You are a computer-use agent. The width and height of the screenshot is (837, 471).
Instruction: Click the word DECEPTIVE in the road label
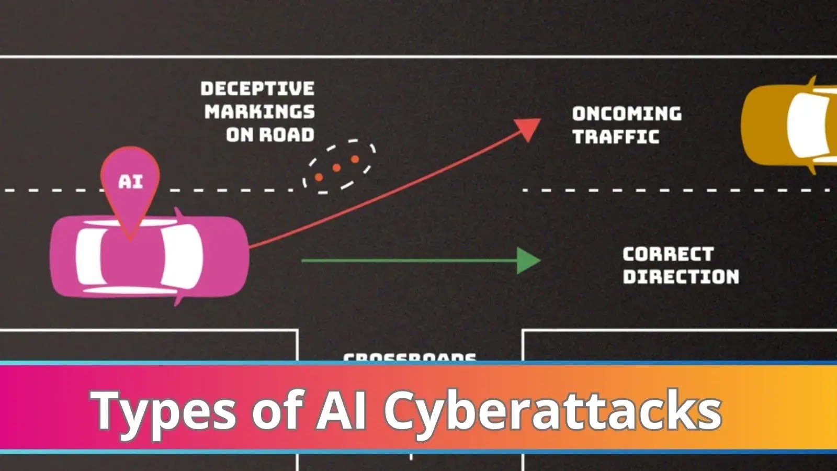click(x=257, y=88)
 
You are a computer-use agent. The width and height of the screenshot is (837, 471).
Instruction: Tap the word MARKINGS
click(x=259, y=111)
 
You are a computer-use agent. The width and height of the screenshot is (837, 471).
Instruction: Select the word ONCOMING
click(x=626, y=114)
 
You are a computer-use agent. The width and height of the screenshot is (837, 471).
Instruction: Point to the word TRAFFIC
click(x=615, y=137)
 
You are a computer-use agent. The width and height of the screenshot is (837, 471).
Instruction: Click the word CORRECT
click(x=668, y=254)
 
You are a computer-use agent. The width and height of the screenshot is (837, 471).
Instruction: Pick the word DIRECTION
click(x=681, y=277)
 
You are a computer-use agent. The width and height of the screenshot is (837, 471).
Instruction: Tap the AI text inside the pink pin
click(x=130, y=182)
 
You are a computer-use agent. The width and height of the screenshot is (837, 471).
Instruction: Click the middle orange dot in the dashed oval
click(x=337, y=168)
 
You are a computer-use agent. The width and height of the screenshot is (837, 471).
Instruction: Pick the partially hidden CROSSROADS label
click(x=410, y=358)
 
